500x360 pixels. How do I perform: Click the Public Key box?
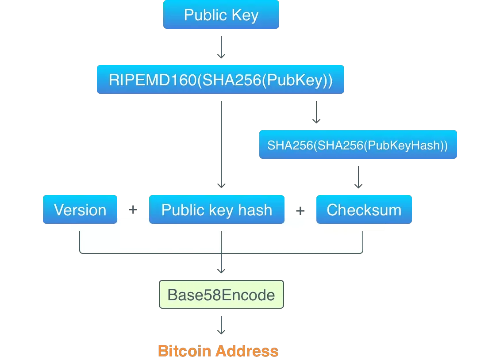221,15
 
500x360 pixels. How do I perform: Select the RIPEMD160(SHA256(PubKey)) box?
220,80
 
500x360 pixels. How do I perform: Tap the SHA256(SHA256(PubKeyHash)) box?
358,145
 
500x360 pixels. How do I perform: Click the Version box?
80,210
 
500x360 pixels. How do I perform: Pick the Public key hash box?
216,210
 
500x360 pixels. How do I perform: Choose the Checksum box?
364,210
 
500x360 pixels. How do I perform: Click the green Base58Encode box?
221,295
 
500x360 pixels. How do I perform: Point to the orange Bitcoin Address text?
219,351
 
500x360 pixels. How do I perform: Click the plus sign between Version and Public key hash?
133,211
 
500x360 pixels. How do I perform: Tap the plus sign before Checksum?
300,211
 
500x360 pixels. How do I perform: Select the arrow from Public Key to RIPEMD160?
221,48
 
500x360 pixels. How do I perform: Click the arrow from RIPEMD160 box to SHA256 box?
316,112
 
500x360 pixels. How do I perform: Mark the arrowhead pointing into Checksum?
359,186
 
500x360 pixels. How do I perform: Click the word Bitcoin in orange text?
185,351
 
